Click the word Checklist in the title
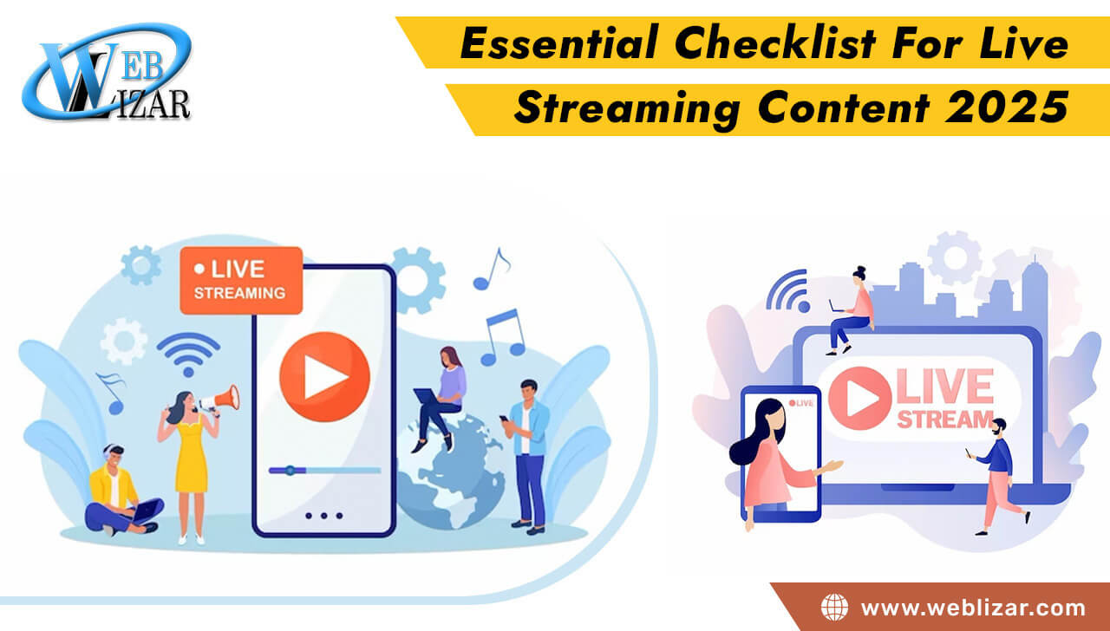(x=775, y=42)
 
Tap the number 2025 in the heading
(x=1007, y=107)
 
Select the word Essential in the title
(x=560, y=42)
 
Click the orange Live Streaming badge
(x=241, y=280)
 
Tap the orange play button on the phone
(x=324, y=377)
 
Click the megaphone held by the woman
(x=220, y=400)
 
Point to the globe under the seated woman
(x=450, y=472)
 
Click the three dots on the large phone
(x=324, y=516)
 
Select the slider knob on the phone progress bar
(x=290, y=470)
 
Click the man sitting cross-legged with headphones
(x=123, y=491)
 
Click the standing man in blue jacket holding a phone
(x=526, y=457)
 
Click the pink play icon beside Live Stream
(x=860, y=398)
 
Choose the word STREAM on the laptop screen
(x=945, y=420)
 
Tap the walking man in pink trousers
(x=997, y=477)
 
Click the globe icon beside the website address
(x=834, y=608)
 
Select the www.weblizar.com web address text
(x=973, y=608)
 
